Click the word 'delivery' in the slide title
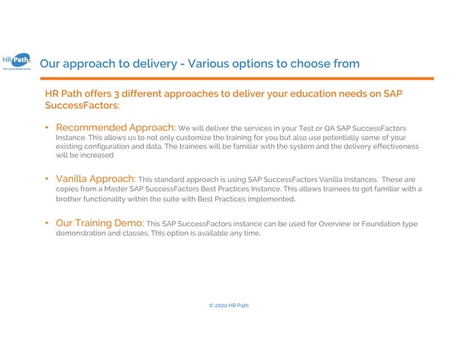149,64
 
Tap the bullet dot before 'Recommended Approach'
48,129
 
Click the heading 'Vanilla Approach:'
95,178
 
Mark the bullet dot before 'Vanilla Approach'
48,178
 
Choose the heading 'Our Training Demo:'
99,223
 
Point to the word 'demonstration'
83,233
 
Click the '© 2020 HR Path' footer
228,305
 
